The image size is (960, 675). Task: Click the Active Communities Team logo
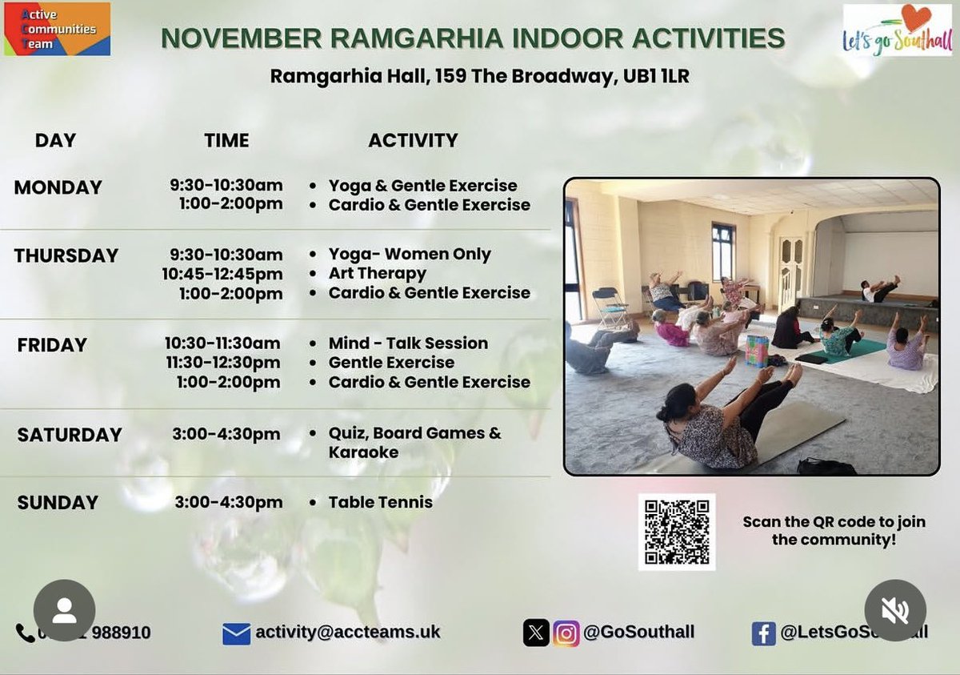pyautogui.click(x=57, y=29)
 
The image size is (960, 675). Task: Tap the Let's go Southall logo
pyautogui.click(x=898, y=30)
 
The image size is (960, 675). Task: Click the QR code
pyautogui.click(x=677, y=532)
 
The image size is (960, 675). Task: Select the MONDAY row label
pyautogui.click(x=58, y=187)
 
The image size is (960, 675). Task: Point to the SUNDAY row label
pyautogui.click(x=58, y=503)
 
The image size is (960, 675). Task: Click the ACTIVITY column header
pyautogui.click(x=413, y=140)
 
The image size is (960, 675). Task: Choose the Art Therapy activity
pyautogui.click(x=377, y=274)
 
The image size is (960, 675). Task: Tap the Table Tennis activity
pyautogui.click(x=380, y=503)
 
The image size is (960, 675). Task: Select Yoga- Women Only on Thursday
pyautogui.click(x=410, y=255)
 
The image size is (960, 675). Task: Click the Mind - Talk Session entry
pyautogui.click(x=408, y=344)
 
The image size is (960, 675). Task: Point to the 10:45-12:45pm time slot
pyautogui.click(x=222, y=274)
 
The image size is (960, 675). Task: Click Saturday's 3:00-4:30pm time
pyautogui.click(x=226, y=434)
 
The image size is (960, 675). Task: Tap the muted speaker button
pyautogui.click(x=895, y=610)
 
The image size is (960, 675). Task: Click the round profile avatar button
pyautogui.click(x=64, y=610)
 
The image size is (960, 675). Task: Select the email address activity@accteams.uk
pyautogui.click(x=348, y=633)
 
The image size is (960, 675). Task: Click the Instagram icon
pyautogui.click(x=566, y=633)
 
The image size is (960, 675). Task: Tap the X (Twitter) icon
pyautogui.click(x=536, y=633)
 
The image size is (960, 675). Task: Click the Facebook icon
pyautogui.click(x=763, y=633)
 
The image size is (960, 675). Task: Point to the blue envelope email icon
pyautogui.click(x=236, y=634)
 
